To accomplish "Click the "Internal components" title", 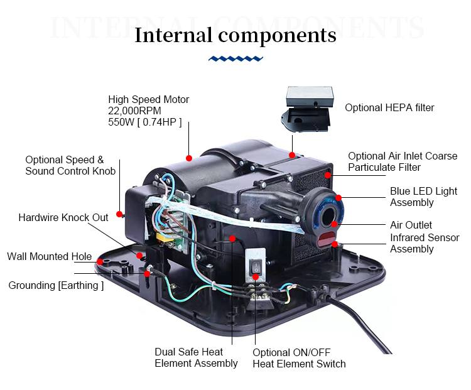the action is [x=235, y=35].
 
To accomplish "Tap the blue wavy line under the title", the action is [x=235, y=58].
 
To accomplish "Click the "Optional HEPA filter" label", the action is [x=389, y=107].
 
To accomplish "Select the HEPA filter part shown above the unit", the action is [x=307, y=109].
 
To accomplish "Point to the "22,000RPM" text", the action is [x=134, y=111].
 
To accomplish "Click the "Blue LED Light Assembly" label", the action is [x=423, y=197].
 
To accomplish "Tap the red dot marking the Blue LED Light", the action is [x=338, y=197].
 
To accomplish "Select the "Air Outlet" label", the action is [x=411, y=225].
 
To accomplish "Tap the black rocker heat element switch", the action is [x=256, y=267].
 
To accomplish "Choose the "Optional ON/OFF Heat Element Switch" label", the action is [x=299, y=358].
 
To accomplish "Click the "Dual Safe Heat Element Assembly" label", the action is [x=196, y=357].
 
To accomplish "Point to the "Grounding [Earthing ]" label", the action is [x=56, y=286].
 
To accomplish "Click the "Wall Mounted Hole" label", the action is [x=49, y=257].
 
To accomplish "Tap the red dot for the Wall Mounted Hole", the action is [x=100, y=262].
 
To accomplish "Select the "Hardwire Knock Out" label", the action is [x=63, y=217].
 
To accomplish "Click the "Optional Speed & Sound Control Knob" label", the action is [x=70, y=165].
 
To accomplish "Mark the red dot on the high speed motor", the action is [x=189, y=158].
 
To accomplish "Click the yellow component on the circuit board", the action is [x=164, y=237].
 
